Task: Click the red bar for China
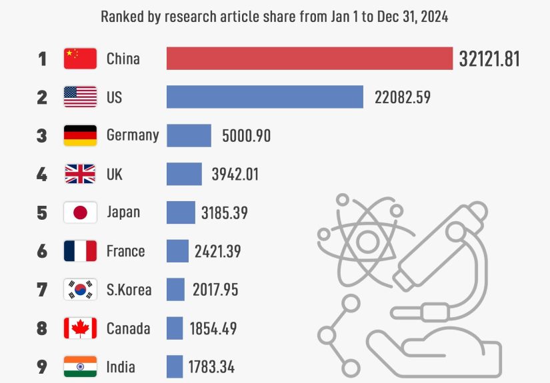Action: tap(309, 59)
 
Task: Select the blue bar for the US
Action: tap(265, 97)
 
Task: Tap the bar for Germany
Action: tap(189, 135)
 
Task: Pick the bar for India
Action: tap(175, 366)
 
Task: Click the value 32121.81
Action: tap(489, 59)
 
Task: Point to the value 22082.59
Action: tap(402, 97)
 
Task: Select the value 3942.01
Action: tap(235, 175)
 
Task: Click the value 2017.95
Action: tap(215, 290)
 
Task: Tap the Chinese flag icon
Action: tap(80, 59)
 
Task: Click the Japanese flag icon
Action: tap(80, 212)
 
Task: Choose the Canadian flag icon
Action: tap(80, 328)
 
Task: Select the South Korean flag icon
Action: tap(80, 290)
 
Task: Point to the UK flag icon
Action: tap(80, 175)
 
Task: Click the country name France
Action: tap(125, 251)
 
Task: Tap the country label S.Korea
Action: tap(129, 290)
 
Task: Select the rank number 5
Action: tap(42, 213)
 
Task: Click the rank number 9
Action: tap(42, 367)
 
